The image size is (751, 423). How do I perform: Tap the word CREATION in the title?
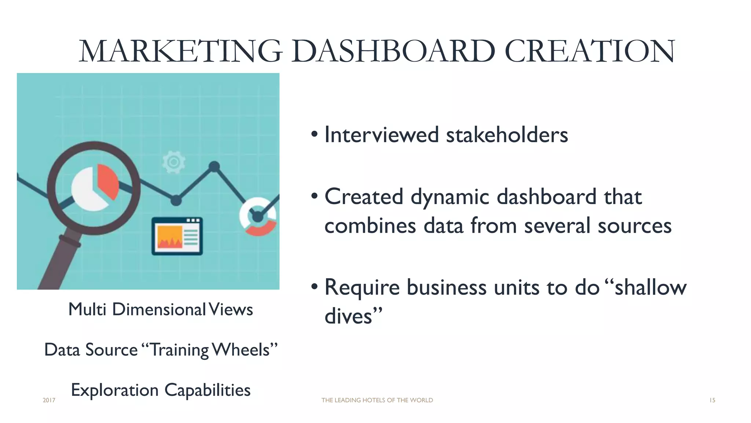tap(589, 51)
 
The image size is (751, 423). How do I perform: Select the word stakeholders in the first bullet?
tap(507, 135)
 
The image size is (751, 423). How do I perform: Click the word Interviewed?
tap(381, 135)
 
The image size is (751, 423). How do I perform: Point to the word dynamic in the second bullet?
tap(450, 197)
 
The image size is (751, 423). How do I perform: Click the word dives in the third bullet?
tap(348, 317)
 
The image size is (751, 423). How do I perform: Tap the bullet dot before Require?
tap(314, 286)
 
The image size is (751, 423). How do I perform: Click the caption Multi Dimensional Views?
tap(161, 309)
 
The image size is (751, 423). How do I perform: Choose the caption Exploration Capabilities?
tap(161, 390)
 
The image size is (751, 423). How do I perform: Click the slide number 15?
tap(712, 400)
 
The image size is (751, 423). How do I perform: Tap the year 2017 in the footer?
tap(49, 400)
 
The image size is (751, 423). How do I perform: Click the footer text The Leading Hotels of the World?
tap(377, 400)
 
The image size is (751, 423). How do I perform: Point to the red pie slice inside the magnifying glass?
tap(107, 181)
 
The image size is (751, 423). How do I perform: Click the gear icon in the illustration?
tap(174, 162)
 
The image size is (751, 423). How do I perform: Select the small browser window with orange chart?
tap(177, 236)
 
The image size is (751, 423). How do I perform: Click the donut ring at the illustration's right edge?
tap(259, 217)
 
